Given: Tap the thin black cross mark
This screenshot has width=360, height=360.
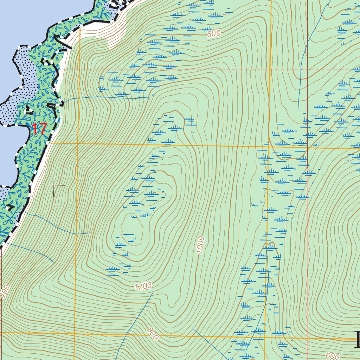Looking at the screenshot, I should pyautogui.click(x=53, y=185).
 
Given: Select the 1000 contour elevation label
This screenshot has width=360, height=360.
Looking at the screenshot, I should pyautogui.click(x=200, y=245).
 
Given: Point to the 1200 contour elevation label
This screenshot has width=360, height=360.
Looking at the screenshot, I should pyautogui.click(x=143, y=287).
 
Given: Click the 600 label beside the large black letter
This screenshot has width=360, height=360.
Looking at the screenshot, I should pyautogui.click(x=332, y=356).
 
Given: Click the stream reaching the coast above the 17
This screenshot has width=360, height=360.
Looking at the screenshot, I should pyautogui.click(x=105, y=98).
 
